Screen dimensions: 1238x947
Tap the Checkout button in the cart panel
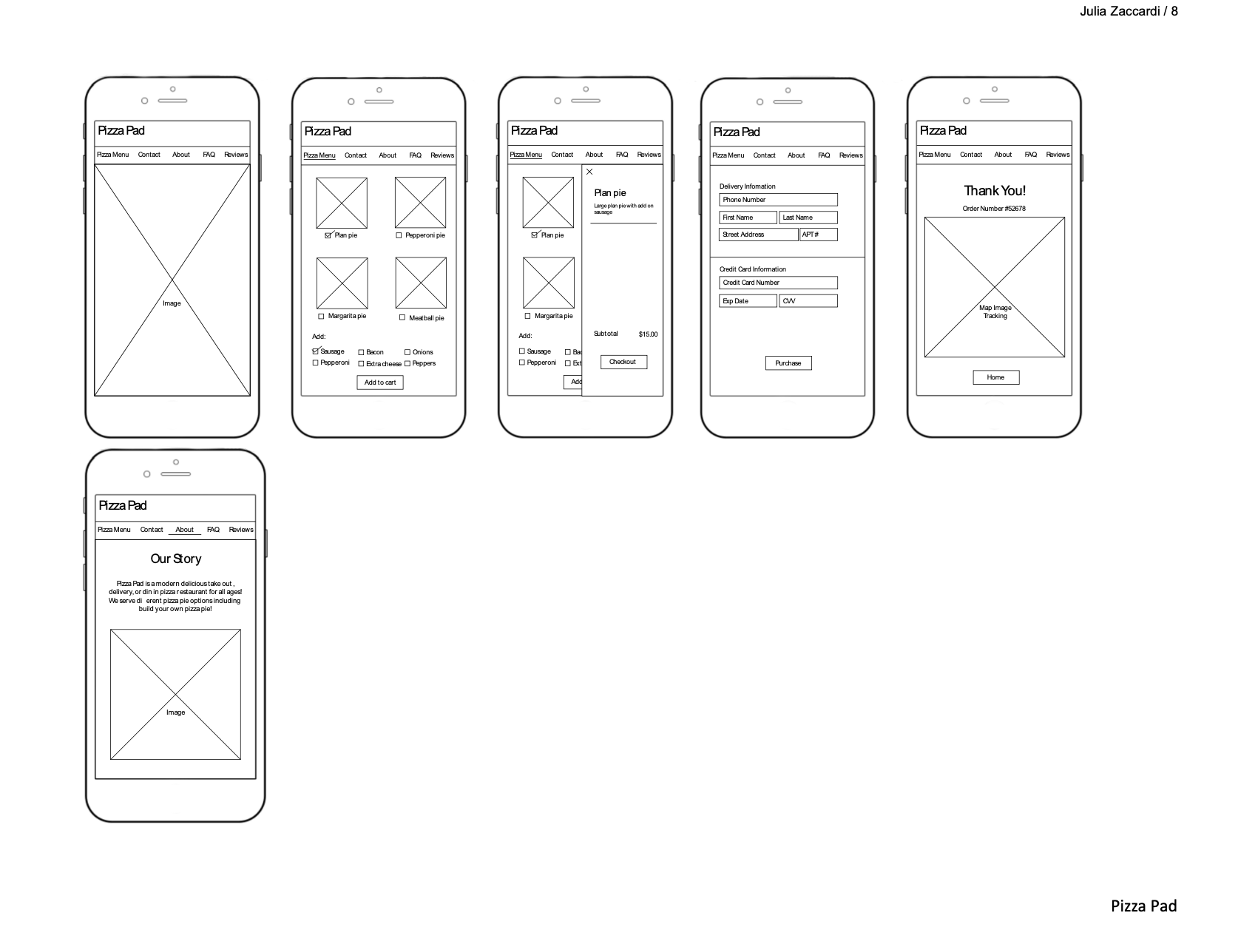[x=623, y=362]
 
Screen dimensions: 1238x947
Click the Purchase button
[x=788, y=363]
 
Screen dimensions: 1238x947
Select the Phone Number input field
[x=778, y=200]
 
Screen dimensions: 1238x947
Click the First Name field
[x=748, y=218]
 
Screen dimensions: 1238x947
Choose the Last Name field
[x=808, y=218]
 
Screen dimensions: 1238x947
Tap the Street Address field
[x=758, y=235]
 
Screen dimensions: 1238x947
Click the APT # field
[x=819, y=235]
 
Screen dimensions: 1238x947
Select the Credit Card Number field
[x=778, y=283]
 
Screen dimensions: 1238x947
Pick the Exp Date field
[x=748, y=301]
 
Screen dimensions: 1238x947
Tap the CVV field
[x=808, y=301]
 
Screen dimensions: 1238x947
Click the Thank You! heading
[x=995, y=191]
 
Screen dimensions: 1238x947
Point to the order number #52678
[x=994, y=209]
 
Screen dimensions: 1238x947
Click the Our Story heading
[x=176, y=559]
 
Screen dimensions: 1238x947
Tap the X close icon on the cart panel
[x=589, y=172]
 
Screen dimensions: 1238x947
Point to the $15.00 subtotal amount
[x=648, y=334]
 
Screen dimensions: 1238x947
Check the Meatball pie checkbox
[x=402, y=318]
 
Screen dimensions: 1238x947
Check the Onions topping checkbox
[x=407, y=352]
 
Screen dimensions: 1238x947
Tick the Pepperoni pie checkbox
[x=399, y=235]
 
